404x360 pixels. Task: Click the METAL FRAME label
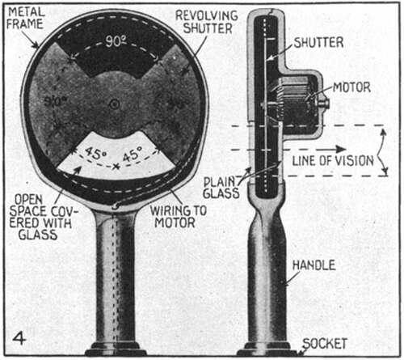(25, 18)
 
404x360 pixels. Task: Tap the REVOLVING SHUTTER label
(207, 22)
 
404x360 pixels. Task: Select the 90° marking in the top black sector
(116, 41)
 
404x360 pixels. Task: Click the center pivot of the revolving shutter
(115, 104)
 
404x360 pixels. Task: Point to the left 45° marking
(96, 153)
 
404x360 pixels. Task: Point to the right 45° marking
(133, 154)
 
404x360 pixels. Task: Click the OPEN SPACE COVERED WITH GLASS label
(41, 217)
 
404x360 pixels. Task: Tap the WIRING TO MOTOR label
(178, 217)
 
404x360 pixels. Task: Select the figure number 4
(19, 338)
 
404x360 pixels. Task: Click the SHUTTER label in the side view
(318, 43)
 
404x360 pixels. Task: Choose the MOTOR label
(351, 87)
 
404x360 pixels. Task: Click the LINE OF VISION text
(333, 161)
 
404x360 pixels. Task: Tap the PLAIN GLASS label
(221, 188)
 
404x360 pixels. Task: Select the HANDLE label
(314, 265)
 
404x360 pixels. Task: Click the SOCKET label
(325, 344)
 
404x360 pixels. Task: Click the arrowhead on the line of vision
(340, 149)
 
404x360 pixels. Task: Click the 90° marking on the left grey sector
(55, 102)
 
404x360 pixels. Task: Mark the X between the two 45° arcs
(116, 167)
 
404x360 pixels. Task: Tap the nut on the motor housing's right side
(324, 104)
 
